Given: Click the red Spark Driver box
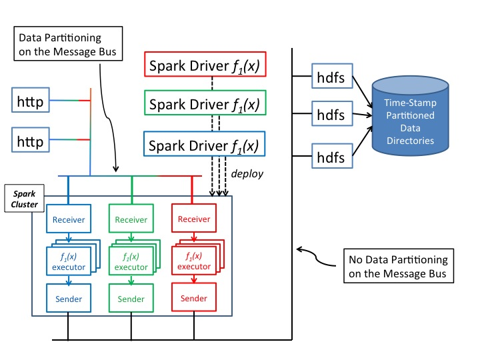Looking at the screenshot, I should coord(204,66).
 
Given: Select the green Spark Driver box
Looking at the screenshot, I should coord(204,104).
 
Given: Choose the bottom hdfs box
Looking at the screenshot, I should coord(331,157).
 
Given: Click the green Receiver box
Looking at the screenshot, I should coord(130,219).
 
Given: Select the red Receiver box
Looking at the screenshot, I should coord(194,219).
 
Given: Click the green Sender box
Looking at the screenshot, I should coord(130,299).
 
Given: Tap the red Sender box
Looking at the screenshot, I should coord(194,299).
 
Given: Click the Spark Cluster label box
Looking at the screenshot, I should coord(21,197).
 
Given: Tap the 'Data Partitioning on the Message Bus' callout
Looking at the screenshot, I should coord(70,44).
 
